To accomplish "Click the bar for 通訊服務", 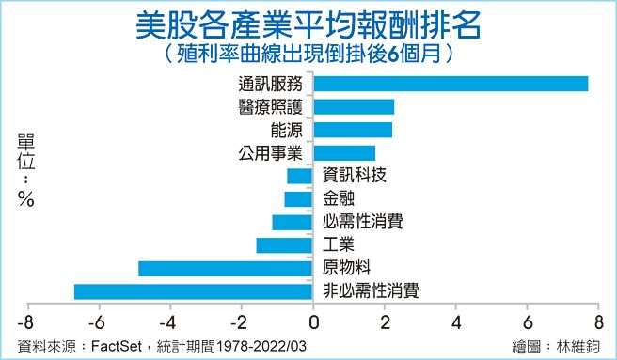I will [451, 84].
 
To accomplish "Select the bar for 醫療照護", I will [354, 106].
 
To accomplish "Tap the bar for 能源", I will [353, 130].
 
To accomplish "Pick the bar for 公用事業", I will [344, 152].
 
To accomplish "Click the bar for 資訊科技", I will [301, 176].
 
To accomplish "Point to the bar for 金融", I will [299, 198].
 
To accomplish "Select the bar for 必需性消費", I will [293, 222].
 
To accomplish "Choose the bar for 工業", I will [285, 245].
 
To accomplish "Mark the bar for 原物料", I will [226, 268].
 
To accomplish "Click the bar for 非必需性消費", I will [194, 291].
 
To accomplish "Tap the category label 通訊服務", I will [273, 84].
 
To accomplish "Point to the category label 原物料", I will [345, 268].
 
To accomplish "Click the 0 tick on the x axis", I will [313, 319].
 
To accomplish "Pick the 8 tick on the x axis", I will [598, 319].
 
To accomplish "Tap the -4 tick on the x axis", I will [169, 319].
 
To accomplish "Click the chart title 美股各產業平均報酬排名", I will [308, 24].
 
